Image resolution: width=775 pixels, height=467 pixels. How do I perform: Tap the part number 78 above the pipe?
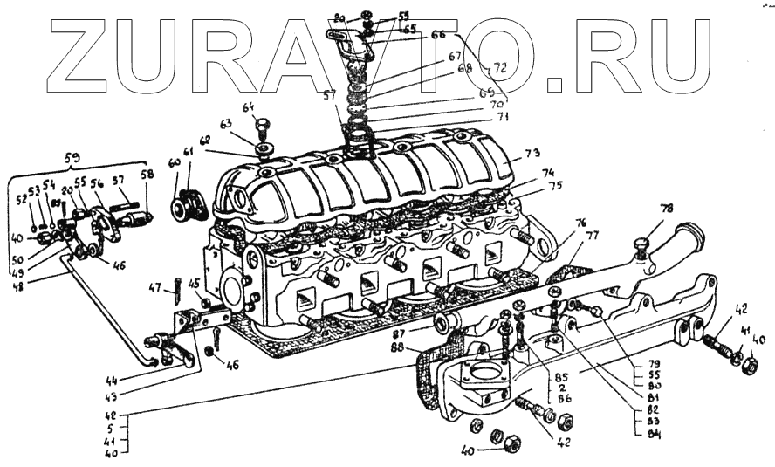pyautogui.click(x=667, y=209)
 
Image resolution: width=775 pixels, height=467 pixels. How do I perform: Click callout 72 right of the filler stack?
pyautogui.click(x=500, y=66)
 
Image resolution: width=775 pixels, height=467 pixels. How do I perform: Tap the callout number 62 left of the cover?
pyautogui.click(x=205, y=140)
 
